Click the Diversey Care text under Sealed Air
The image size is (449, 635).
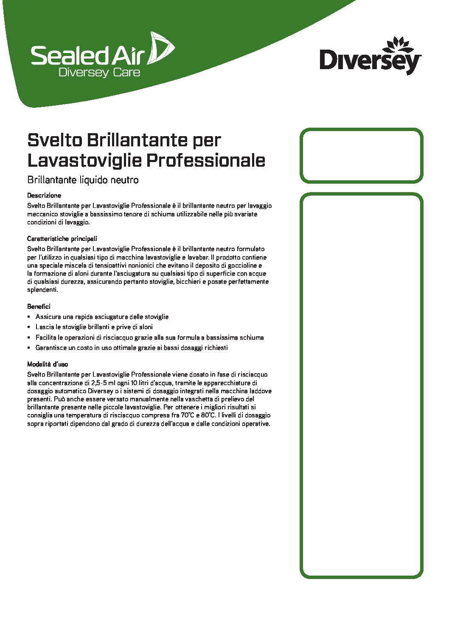click(99, 73)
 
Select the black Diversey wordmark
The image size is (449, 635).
click(370, 61)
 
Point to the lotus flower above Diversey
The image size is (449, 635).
click(397, 44)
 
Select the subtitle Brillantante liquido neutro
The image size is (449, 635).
click(83, 180)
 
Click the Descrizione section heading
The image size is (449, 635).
click(44, 196)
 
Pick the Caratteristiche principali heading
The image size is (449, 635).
click(62, 239)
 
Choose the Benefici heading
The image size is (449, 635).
click(39, 306)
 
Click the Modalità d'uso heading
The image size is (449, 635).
click(48, 364)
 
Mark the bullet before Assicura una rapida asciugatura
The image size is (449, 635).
click(29, 317)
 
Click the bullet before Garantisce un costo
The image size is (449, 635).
click(29, 348)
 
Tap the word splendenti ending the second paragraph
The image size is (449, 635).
click(42, 290)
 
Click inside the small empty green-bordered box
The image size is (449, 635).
click(361, 156)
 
